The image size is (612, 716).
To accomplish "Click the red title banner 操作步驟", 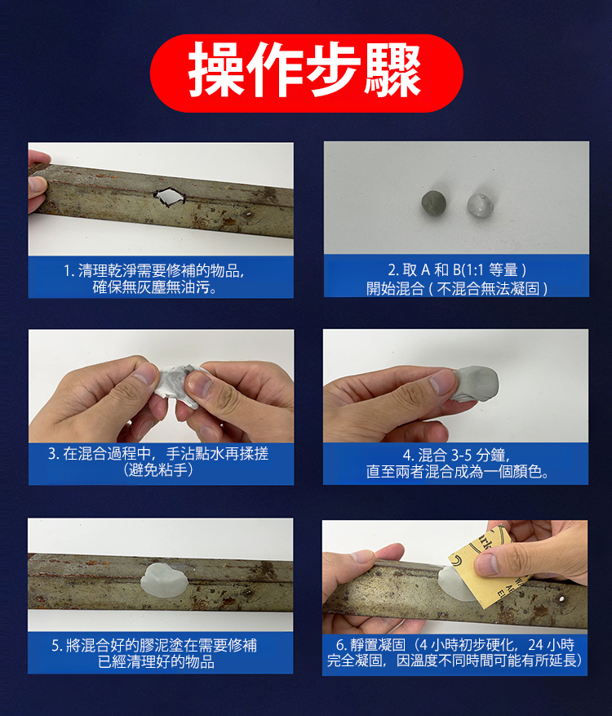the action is coord(306,73).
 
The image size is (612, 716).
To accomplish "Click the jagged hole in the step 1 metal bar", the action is coord(169,198).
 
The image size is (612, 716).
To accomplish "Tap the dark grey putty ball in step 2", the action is coord(433,203).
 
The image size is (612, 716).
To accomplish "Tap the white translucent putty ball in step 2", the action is coord(480,205).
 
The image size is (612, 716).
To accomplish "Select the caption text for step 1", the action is coord(154,278).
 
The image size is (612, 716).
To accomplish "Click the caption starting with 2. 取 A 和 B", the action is coord(457,279).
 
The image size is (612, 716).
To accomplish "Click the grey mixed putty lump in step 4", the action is coord(475,384).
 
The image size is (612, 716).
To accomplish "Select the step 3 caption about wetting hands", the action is coord(158,461).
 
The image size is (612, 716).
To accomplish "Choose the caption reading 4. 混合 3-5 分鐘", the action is coord(457,463).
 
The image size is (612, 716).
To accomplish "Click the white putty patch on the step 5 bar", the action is coord(164,580).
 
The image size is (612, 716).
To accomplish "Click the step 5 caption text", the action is coord(155,653).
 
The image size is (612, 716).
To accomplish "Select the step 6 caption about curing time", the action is coord(455,652).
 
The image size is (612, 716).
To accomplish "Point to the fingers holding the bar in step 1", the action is coord(38,183).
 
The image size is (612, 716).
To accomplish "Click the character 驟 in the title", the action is coord(392,69).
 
